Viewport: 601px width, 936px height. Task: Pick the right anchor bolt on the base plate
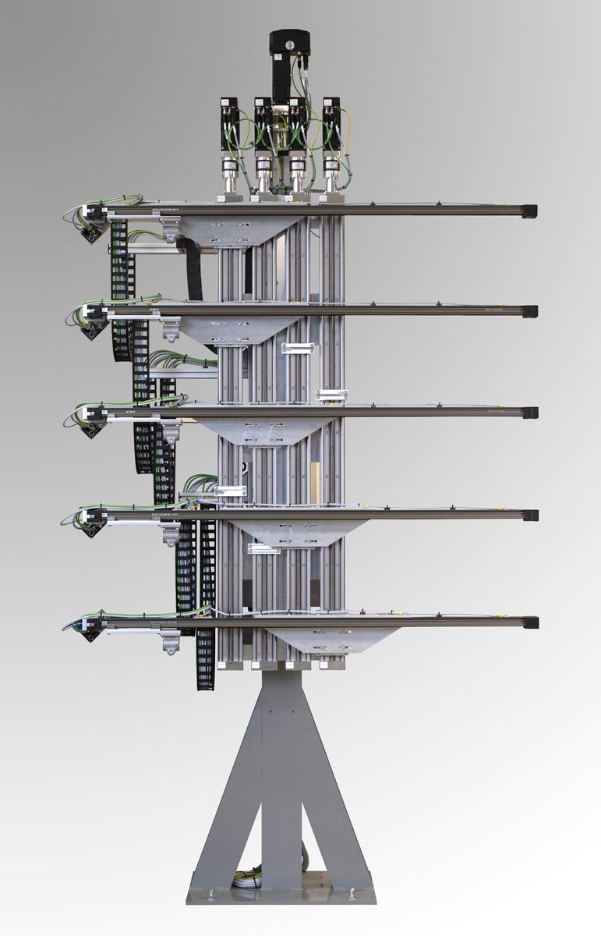(x=355, y=892)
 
